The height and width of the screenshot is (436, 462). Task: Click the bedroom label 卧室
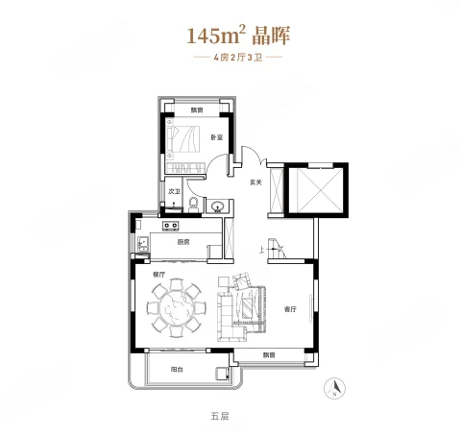(217, 138)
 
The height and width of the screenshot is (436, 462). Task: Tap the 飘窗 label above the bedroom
(196, 110)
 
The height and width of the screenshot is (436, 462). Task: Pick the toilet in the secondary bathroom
(192, 202)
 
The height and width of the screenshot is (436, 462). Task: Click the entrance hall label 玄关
(257, 182)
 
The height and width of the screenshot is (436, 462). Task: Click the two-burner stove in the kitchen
(172, 227)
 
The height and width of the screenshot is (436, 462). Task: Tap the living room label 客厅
(291, 309)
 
